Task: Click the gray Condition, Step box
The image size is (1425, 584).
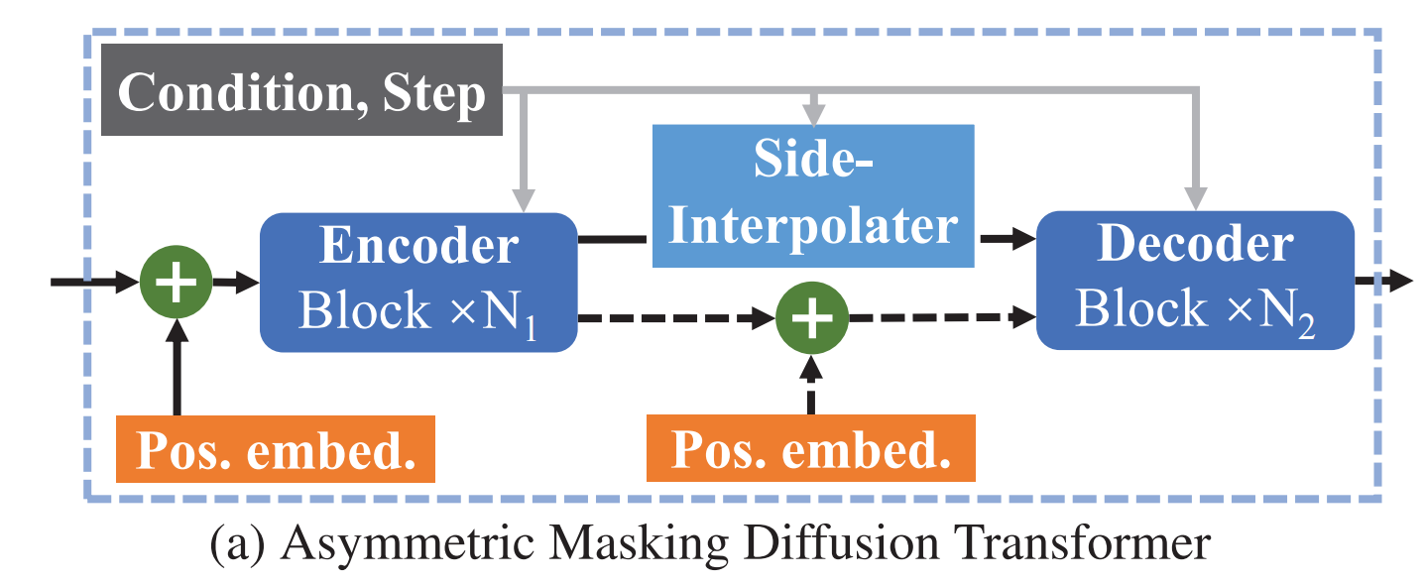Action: click(x=301, y=94)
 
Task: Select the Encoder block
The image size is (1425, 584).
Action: click(x=417, y=282)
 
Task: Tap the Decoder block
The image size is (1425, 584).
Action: click(x=1195, y=281)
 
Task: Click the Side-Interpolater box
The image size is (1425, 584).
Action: click(x=813, y=196)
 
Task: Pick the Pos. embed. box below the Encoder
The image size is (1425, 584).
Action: click(x=276, y=449)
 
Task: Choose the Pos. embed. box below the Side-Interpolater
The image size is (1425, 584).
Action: click(x=810, y=449)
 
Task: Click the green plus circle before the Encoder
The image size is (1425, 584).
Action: click(x=178, y=284)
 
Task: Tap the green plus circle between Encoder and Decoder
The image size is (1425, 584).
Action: click(x=810, y=318)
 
